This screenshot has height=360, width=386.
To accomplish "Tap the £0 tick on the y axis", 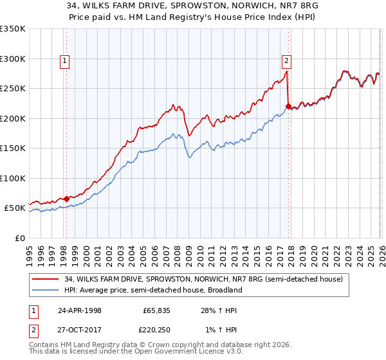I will (19, 239).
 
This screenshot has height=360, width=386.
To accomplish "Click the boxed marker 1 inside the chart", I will (66, 62).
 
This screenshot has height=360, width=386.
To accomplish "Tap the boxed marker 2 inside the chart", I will (286, 62).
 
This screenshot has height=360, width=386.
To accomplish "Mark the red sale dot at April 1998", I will (66, 199).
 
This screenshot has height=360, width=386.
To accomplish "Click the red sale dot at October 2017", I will (288, 106).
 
